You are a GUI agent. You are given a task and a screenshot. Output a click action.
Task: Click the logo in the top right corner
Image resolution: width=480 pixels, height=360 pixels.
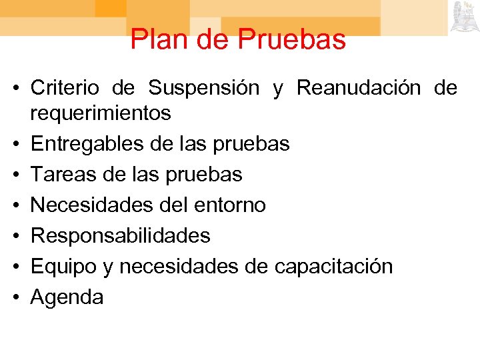coord(463,17)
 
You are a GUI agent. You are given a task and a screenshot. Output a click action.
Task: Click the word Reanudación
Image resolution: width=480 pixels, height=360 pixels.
coord(359,87)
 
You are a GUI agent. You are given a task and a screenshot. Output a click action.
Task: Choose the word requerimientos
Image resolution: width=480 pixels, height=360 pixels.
coord(101,113)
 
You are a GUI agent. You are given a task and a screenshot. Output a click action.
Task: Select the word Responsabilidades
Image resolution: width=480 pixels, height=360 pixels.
coord(121,235)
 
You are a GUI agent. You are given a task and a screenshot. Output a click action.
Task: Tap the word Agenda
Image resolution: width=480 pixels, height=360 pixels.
coord(67,297)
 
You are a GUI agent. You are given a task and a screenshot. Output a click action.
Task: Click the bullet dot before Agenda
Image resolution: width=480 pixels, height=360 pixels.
coord(18,297)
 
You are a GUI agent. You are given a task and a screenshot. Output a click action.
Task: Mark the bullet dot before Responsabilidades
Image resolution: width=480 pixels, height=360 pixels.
coord(18,236)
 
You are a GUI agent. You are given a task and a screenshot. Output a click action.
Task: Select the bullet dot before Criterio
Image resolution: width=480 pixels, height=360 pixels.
coord(18,88)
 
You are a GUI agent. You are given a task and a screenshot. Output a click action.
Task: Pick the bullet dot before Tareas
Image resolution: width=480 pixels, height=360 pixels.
coord(18,175)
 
